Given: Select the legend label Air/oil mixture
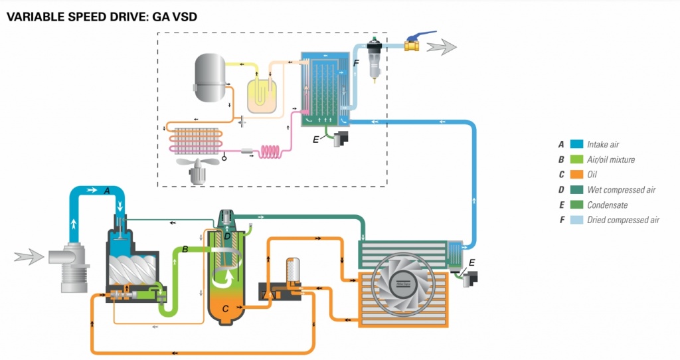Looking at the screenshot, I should (611, 159).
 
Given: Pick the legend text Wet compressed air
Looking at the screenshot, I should (621, 190).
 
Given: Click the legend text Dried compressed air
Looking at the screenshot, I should (623, 221).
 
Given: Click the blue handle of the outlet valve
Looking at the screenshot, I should (421, 33).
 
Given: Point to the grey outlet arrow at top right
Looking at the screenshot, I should (441, 46).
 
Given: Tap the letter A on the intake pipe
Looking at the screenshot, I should (106, 191).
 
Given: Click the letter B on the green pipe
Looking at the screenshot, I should (185, 249).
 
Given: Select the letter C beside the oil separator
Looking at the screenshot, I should (226, 308).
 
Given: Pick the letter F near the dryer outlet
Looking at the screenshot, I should (356, 62).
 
